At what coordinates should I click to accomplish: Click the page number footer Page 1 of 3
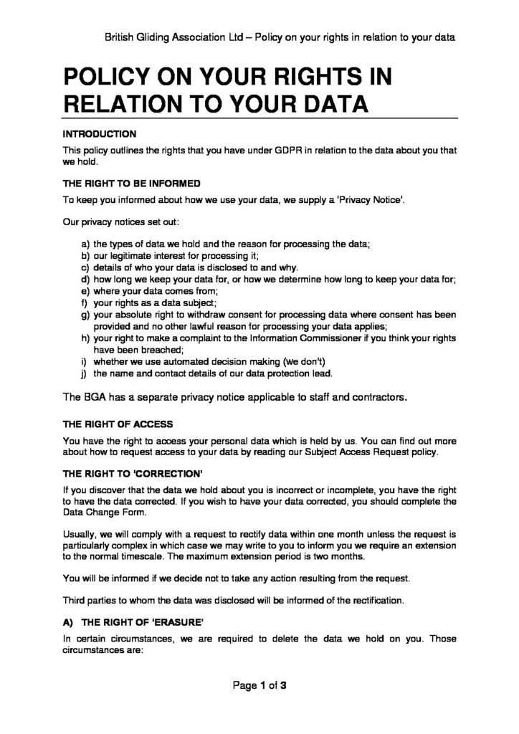tap(259, 685)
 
